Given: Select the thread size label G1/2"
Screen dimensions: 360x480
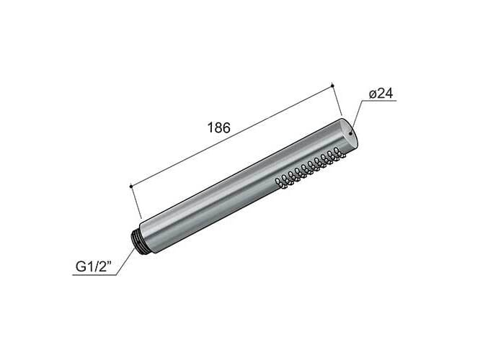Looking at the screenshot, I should click(x=94, y=269).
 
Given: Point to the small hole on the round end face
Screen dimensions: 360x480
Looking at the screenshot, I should click(x=351, y=132).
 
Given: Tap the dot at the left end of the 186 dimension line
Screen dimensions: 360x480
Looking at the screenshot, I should click(x=130, y=186).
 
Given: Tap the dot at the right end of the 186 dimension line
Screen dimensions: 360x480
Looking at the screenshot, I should click(x=332, y=86).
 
